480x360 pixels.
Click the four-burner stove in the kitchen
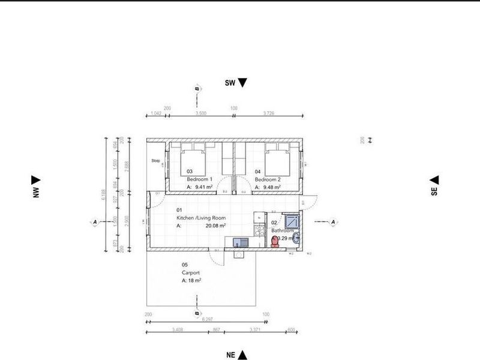click(x=259, y=229)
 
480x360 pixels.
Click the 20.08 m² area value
click(x=215, y=226)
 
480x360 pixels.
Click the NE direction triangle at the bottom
click(x=243, y=355)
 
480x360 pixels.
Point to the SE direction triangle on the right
click(x=434, y=180)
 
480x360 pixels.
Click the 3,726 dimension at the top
click(x=268, y=113)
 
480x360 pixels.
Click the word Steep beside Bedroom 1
click(x=155, y=161)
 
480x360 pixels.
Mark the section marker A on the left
click(x=95, y=222)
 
